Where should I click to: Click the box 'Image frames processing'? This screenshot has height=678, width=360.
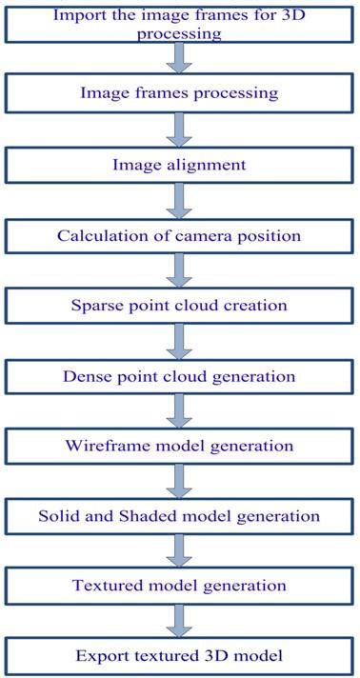point(179,93)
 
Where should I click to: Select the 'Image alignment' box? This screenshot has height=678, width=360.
point(179,165)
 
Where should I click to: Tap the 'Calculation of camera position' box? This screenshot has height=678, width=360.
point(179,236)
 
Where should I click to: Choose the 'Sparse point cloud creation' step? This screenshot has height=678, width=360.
point(179,306)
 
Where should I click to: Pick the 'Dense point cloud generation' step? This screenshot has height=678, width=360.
point(179,376)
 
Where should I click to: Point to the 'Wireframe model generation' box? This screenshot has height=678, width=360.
point(179,446)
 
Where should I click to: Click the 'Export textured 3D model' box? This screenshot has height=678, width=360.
point(179,656)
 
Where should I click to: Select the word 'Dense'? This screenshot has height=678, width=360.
point(85,376)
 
